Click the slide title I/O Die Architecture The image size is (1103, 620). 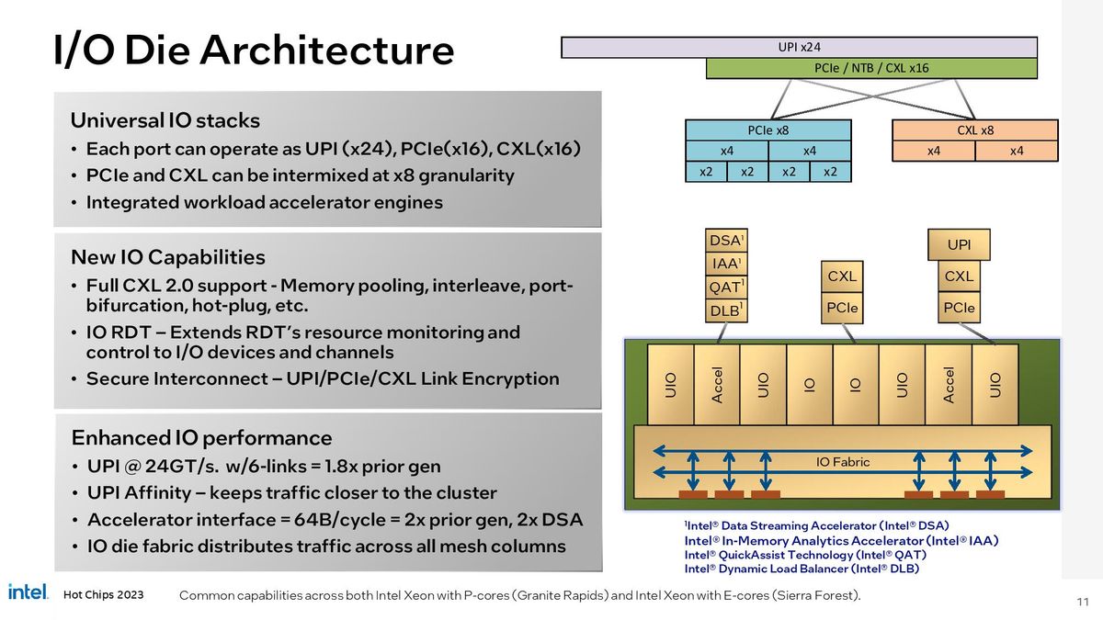coord(253,51)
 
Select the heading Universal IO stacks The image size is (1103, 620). coord(165,120)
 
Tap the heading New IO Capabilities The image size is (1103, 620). coord(168,257)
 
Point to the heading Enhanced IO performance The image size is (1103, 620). coord(201,437)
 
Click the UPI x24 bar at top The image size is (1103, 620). coord(799,47)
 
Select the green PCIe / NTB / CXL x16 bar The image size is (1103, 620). coord(870,68)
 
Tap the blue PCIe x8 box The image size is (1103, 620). coord(768,130)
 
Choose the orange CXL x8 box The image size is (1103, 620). coord(975,130)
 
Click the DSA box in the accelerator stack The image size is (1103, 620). coord(726,241)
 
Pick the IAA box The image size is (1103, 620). coord(726,264)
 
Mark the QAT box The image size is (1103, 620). coord(726,287)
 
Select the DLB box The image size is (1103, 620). coord(726,310)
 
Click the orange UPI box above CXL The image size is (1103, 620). coord(959,245)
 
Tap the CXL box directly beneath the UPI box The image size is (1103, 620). coord(959,276)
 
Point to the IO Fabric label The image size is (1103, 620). coord(842,462)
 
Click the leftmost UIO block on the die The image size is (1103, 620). coord(670,384)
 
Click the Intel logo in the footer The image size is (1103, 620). coord(28,592)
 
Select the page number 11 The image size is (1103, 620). coord(1082,602)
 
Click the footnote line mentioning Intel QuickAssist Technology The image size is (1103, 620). coord(805,555)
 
